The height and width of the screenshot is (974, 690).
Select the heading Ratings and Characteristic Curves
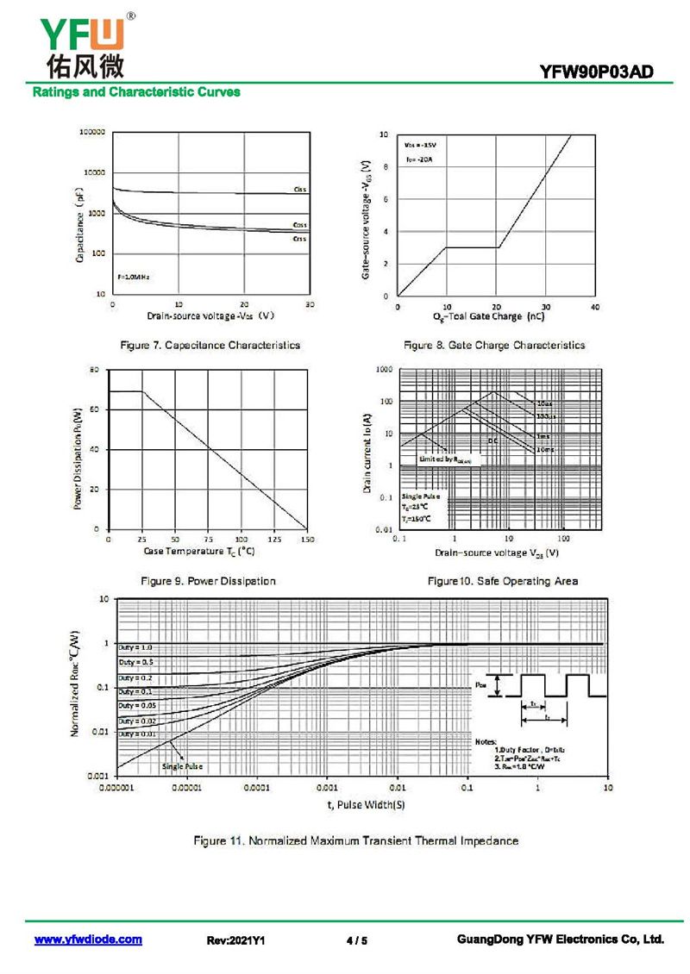[x=136, y=92]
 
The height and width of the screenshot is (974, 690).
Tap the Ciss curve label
[x=299, y=189]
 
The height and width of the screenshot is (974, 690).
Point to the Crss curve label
[x=299, y=238]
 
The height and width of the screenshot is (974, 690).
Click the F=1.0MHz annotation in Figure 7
[x=134, y=278]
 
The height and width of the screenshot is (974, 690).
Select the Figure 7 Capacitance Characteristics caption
[x=210, y=345]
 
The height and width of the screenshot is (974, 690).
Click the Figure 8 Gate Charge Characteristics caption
[x=494, y=345]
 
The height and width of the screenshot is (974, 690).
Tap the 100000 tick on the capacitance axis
[x=92, y=133]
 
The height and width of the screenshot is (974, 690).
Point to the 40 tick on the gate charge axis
[x=595, y=308]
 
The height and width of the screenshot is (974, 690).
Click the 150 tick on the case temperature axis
[x=307, y=540]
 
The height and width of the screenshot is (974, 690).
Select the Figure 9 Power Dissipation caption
[x=208, y=581]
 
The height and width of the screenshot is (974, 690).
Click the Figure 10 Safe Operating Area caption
[x=503, y=581]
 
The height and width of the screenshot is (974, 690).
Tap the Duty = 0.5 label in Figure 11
[x=135, y=661]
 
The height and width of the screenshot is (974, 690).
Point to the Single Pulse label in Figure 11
[x=183, y=765]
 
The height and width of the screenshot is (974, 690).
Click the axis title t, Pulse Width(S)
[x=366, y=804]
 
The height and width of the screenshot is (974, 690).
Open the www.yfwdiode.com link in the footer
[x=88, y=940]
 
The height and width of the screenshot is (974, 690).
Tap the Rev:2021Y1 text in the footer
[x=235, y=940]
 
